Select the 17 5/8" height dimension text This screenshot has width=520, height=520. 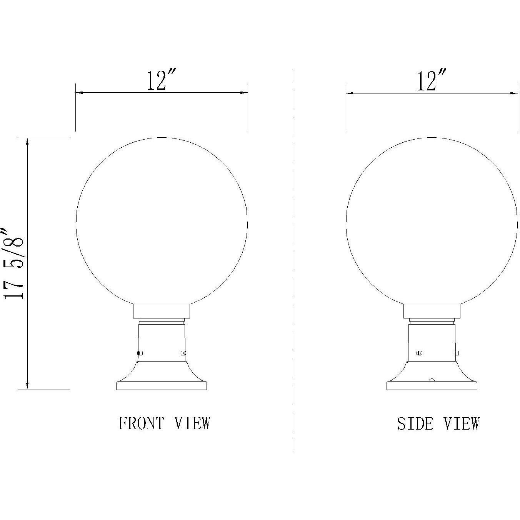pyautogui.click(x=15, y=263)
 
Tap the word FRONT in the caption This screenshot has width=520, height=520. pyautogui.click(x=141, y=423)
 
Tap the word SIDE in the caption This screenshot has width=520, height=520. pyautogui.click(x=415, y=424)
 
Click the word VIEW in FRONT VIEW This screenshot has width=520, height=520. pyautogui.click(x=192, y=423)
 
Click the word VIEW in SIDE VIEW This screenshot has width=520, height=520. pyautogui.click(x=462, y=424)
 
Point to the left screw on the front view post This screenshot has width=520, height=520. pyautogui.click(x=140, y=353)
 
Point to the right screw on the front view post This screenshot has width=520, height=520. pyautogui.click(x=183, y=353)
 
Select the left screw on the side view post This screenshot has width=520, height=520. pyautogui.click(x=419, y=353)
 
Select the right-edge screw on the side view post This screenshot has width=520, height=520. pyautogui.click(x=457, y=353)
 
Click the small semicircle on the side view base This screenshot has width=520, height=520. pyautogui.click(x=432, y=380)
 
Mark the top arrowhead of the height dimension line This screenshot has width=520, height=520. pyautogui.click(x=27, y=142)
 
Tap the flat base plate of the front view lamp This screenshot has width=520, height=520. pyautogui.click(x=162, y=385)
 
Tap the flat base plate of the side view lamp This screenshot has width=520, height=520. pyautogui.click(x=432, y=385)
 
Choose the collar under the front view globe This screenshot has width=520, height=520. pyautogui.click(x=162, y=311)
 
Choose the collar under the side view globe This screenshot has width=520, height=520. pyautogui.click(x=432, y=311)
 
